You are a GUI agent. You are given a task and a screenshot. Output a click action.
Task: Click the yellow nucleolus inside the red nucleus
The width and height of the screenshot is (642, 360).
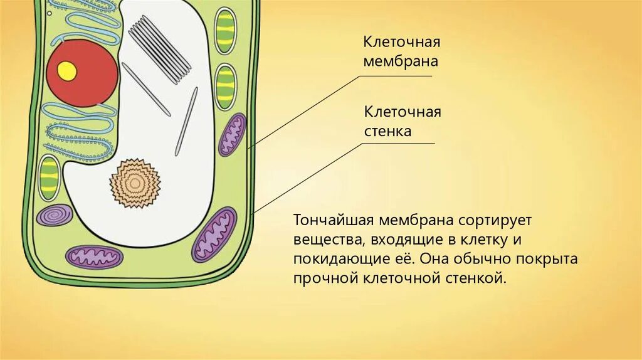(66, 71)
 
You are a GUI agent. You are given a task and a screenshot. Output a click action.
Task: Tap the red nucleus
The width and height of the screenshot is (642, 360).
(85, 73)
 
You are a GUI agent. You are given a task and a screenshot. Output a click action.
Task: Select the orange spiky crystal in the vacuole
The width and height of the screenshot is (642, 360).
(135, 183)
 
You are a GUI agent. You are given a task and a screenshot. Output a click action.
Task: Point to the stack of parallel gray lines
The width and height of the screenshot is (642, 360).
(160, 49)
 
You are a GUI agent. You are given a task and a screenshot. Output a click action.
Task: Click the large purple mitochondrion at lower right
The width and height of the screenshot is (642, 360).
(214, 233)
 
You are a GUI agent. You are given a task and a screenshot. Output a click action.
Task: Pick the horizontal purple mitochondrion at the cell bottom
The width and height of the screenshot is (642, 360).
(95, 257)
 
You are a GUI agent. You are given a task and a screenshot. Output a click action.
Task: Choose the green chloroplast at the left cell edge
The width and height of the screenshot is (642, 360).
(49, 177)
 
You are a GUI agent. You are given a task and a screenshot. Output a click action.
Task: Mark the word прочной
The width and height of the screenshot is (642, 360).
(326, 277)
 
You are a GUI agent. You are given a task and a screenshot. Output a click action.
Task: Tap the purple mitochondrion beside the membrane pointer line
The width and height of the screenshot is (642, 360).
(232, 134)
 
